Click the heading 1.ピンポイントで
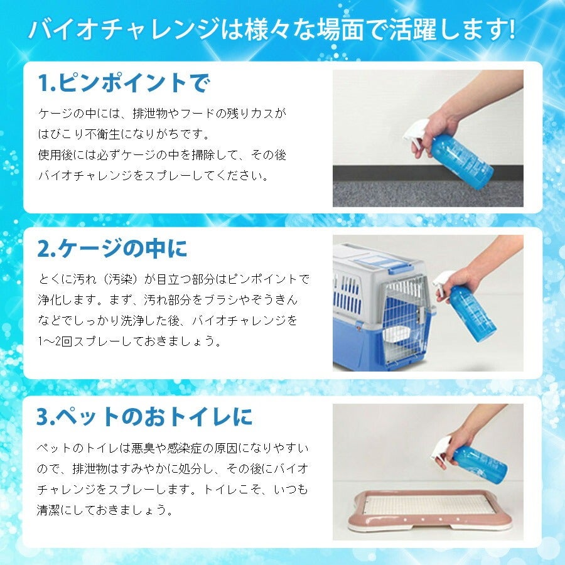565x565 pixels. (124, 83)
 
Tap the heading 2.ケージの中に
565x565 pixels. (112, 248)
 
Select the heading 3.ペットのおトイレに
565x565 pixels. (144, 417)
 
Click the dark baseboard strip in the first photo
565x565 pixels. (428, 173)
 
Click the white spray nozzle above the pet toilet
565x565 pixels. (439, 450)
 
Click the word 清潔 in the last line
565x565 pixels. (49, 510)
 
